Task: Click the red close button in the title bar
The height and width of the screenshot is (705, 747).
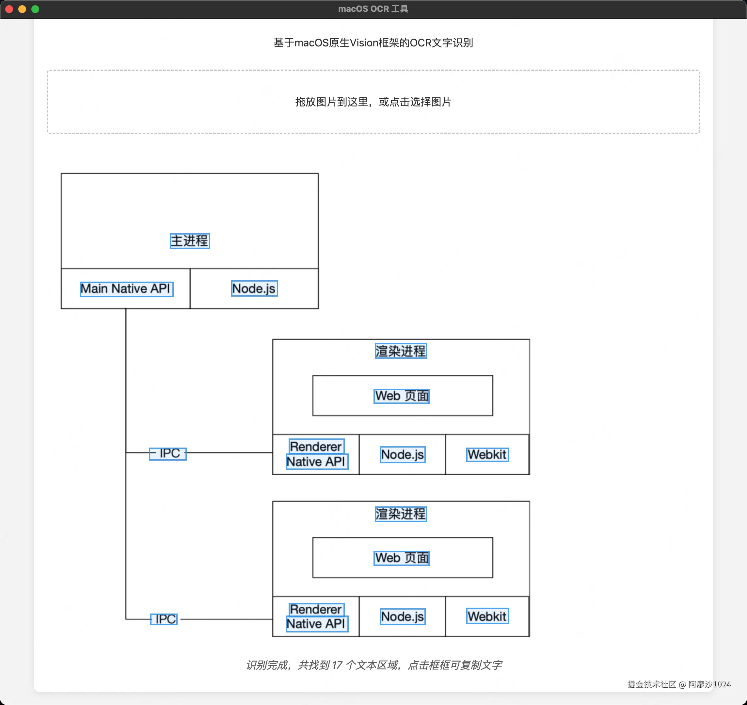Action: click(x=9, y=9)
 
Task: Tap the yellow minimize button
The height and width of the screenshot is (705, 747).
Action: click(x=22, y=9)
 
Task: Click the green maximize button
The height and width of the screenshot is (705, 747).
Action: click(x=35, y=9)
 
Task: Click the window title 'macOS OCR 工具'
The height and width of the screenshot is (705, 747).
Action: click(x=373, y=8)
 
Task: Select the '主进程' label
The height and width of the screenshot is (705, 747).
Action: click(x=190, y=241)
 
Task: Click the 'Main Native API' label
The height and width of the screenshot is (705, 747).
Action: click(x=126, y=289)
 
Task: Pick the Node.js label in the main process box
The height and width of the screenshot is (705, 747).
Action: click(x=254, y=288)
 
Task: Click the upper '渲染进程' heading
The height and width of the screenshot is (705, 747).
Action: click(x=401, y=351)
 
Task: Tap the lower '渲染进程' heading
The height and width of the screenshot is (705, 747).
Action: click(x=401, y=514)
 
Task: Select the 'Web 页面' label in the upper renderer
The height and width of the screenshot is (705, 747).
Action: click(x=402, y=396)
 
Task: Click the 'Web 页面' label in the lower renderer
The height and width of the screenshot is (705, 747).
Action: click(x=402, y=558)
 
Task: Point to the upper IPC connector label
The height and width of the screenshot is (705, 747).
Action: click(x=168, y=453)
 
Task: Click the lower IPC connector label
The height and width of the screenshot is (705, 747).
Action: click(x=164, y=619)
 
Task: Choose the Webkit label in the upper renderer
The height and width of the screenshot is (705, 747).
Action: click(x=487, y=454)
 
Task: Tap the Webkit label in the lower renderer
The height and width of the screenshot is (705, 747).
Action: click(x=487, y=616)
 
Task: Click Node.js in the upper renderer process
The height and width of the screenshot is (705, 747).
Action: click(x=403, y=454)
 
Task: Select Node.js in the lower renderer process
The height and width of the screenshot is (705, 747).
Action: click(x=403, y=617)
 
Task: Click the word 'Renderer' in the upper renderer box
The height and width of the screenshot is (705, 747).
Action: click(x=316, y=446)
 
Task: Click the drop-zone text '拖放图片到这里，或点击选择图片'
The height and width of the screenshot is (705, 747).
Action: click(x=373, y=102)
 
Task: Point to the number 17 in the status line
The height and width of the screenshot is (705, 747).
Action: click(x=337, y=665)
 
